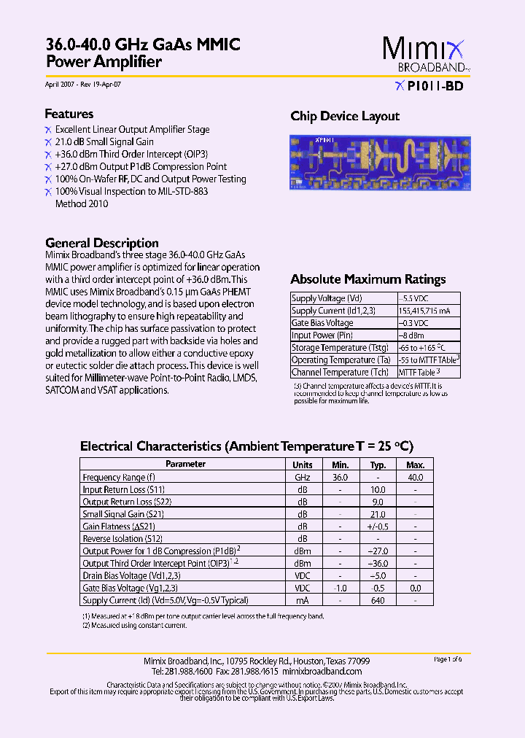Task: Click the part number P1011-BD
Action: [x=435, y=86]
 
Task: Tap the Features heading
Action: [x=69, y=114]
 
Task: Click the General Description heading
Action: [x=102, y=243]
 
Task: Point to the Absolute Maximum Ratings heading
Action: [x=368, y=279]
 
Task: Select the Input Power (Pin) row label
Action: [x=323, y=335]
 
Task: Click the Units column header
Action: [x=303, y=465]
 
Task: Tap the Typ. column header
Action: [x=378, y=465]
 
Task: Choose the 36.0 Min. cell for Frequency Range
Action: [x=340, y=477]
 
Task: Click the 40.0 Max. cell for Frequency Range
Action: [x=415, y=477]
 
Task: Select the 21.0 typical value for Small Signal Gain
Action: [x=378, y=514]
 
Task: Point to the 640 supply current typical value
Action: [x=378, y=600]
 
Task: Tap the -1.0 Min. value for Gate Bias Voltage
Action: [x=340, y=588]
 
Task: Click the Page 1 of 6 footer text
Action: [x=448, y=659]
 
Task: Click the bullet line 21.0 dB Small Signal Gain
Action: [x=104, y=141]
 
